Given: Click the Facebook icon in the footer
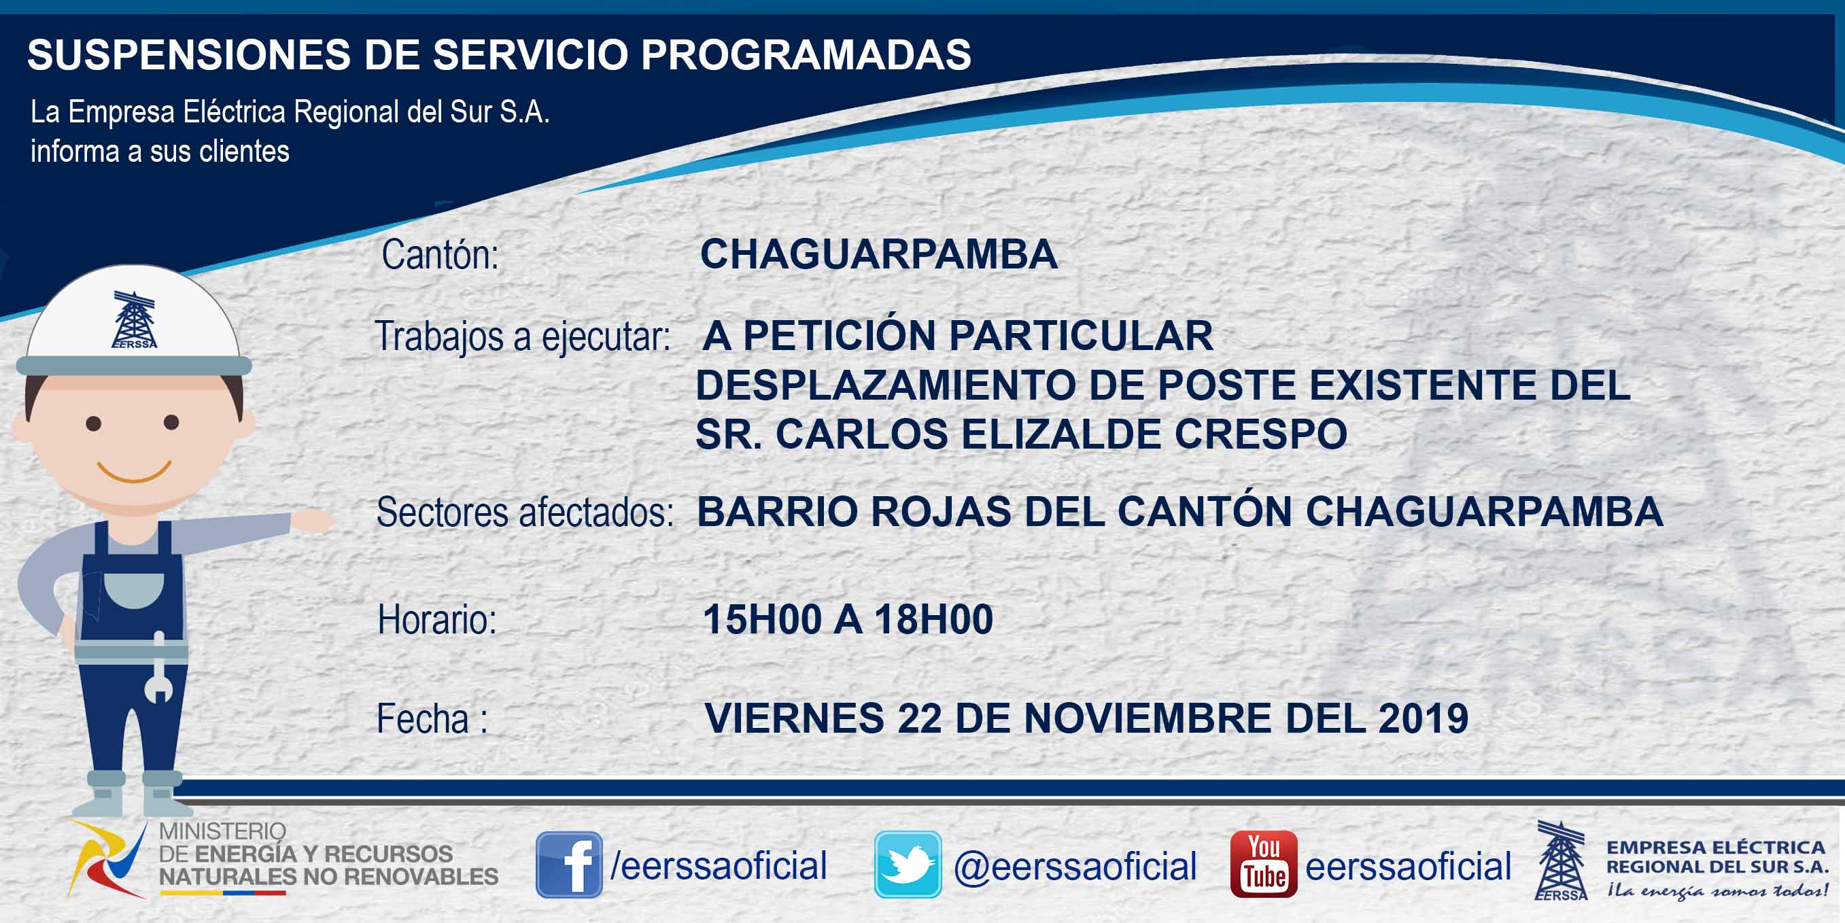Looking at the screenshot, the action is click(x=569, y=865).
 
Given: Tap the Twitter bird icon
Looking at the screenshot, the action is click(x=908, y=865).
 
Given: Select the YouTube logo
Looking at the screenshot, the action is click(x=1263, y=865).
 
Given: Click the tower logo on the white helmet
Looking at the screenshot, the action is click(x=134, y=319).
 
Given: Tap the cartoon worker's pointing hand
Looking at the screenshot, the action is click(x=312, y=521).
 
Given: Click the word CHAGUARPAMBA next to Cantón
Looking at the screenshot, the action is click(x=879, y=254).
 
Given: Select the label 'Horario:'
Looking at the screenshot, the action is click(x=437, y=619).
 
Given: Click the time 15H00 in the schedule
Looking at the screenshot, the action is click(x=762, y=619).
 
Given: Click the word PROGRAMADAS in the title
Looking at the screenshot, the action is click(x=806, y=54).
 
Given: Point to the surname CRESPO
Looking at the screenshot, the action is click(x=1260, y=434).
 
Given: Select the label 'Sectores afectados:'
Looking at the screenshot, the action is click(x=525, y=512).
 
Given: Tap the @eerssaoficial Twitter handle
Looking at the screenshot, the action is click(x=1075, y=866).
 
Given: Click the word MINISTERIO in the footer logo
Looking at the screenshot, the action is click(x=222, y=831).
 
